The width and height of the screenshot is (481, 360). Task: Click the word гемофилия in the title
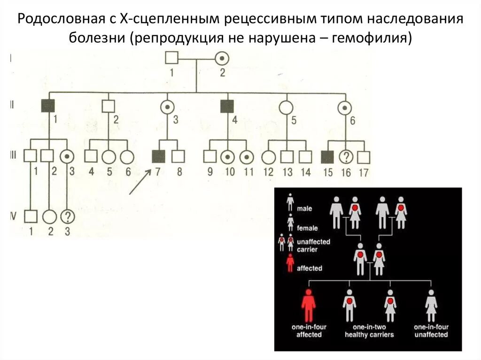point(372,37)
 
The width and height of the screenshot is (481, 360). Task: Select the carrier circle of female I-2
point(222,58)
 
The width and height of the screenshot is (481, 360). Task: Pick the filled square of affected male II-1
point(47,107)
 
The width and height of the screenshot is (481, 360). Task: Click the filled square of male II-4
point(227,107)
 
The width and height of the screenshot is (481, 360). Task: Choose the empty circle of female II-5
point(286,107)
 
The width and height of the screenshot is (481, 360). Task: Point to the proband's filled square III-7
point(158,156)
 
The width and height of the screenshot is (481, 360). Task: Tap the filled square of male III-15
point(328,156)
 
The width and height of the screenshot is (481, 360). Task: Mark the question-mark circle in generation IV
point(68,217)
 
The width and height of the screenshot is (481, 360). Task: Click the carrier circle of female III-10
point(229,156)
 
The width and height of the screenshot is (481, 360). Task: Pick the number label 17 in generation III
point(363,172)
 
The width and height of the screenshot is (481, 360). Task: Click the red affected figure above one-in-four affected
point(308,306)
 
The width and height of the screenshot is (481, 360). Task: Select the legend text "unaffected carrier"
point(313,245)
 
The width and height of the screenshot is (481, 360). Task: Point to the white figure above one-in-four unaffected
point(431,306)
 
